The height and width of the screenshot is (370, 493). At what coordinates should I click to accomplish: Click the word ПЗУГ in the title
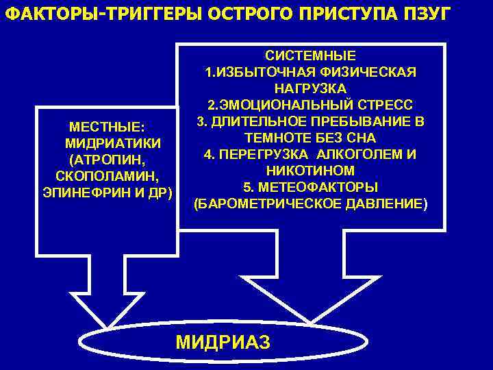pyautogui.click(x=429, y=14)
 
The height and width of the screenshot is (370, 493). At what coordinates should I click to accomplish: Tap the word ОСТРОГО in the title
pyautogui.click(x=236, y=14)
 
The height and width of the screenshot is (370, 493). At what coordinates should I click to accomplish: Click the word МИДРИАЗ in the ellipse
pyautogui.click(x=223, y=341)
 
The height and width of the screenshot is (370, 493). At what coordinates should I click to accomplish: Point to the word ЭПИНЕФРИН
pyautogui.click(x=84, y=190)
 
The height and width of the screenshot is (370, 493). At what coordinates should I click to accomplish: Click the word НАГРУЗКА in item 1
pyautogui.click(x=310, y=89)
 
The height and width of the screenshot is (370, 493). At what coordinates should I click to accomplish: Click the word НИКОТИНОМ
pyautogui.click(x=310, y=170)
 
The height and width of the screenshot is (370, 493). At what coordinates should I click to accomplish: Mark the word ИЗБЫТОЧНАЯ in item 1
pyautogui.click(x=270, y=73)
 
